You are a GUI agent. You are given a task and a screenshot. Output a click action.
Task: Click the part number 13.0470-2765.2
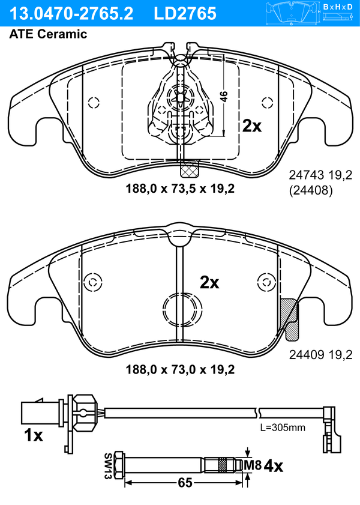tap(71, 14)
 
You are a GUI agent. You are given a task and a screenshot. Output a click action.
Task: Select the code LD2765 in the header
tap(185, 14)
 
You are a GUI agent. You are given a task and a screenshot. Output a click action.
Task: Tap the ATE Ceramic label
tap(48, 34)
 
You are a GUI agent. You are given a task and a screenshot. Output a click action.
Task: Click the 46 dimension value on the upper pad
tap(224, 97)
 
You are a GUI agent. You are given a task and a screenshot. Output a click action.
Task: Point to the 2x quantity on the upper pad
tap(252, 126)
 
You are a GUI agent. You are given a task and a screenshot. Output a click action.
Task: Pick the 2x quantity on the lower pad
tap(209, 282)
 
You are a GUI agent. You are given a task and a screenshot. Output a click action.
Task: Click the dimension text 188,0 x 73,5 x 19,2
tap(180, 189)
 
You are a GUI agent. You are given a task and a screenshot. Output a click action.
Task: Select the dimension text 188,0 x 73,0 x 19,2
tap(180, 369)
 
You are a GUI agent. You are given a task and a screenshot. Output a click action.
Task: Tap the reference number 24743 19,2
tap(321, 175)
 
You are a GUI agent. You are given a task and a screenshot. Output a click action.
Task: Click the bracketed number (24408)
tap(311, 191)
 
